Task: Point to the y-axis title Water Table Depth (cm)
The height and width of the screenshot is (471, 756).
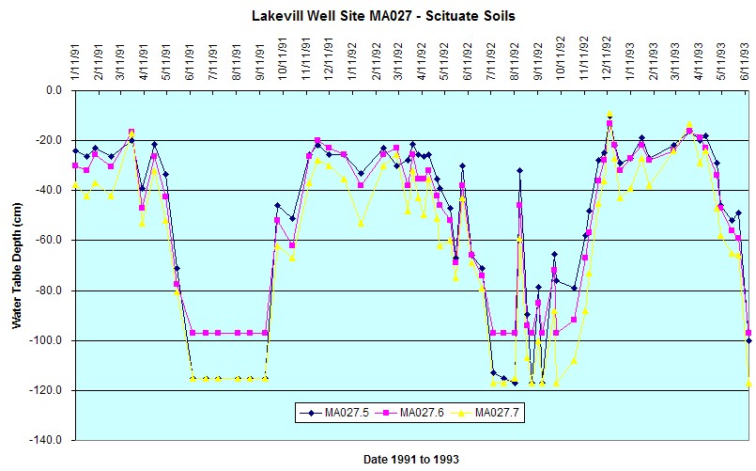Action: pos(17,265)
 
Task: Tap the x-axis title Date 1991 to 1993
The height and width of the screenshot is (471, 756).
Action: pos(410,459)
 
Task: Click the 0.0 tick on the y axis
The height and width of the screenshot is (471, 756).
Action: pos(54,90)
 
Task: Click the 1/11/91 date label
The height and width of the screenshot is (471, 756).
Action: pos(76,63)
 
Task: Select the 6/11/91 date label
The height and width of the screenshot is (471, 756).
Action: pos(191,63)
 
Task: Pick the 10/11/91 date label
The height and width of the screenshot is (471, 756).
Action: pos(283,60)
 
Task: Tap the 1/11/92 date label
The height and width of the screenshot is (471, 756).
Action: pos(353,63)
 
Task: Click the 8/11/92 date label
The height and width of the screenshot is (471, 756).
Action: pos(515,63)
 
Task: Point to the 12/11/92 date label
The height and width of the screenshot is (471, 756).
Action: pos(607,60)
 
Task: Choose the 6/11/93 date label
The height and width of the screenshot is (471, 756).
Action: pos(746,63)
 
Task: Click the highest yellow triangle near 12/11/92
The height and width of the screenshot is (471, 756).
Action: pos(609,114)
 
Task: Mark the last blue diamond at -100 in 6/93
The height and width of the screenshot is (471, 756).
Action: pos(748,340)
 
